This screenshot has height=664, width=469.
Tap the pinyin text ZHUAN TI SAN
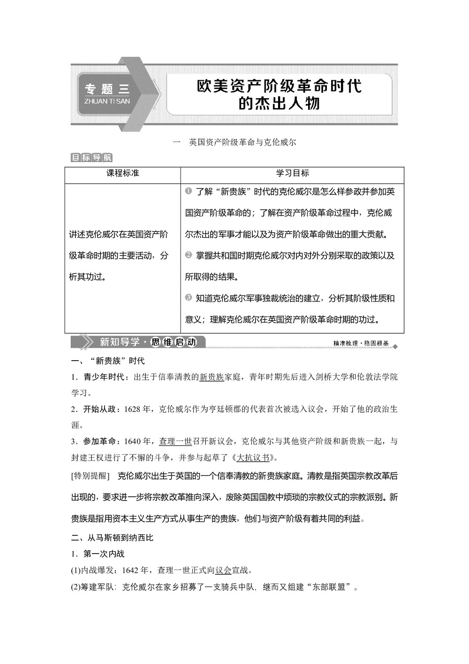click(107, 101)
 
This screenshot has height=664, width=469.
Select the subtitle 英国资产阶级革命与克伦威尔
click(242, 142)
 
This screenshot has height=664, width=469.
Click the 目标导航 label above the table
click(91, 158)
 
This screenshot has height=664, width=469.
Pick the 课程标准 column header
click(122, 173)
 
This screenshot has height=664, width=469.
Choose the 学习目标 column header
click(292, 173)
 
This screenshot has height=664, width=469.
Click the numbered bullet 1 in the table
click(189, 191)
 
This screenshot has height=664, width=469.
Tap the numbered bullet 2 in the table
click(189, 255)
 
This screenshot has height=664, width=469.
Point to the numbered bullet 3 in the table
click(189, 298)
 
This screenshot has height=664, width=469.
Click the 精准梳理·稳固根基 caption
click(361, 343)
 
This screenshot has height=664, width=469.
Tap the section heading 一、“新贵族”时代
click(107, 361)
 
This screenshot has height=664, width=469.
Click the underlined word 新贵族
click(212, 377)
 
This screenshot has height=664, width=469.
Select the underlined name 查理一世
click(175, 441)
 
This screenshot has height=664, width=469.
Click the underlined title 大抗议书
click(253, 457)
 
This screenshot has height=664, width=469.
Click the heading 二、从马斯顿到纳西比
click(112, 538)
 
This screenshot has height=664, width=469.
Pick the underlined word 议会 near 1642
click(223, 571)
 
